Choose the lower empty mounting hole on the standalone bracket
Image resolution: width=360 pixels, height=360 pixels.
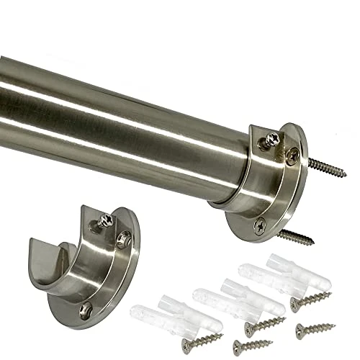[x=87, y=310]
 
